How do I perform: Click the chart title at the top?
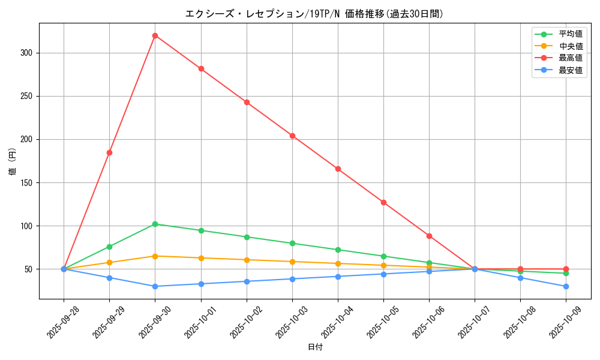pos(314,14)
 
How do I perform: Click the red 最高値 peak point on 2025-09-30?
pos(155,35)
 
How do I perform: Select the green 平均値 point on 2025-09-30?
pos(155,224)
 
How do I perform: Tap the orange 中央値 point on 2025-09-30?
pos(155,256)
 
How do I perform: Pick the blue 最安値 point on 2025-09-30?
pos(155,286)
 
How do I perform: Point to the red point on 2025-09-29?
pos(109,152)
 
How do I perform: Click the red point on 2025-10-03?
pos(292,136)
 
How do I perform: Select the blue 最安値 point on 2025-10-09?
pos(566,286)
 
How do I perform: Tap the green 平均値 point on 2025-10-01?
pos(201,230)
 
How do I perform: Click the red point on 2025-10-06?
pos(429,236)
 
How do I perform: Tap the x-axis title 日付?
pos(315,347)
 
